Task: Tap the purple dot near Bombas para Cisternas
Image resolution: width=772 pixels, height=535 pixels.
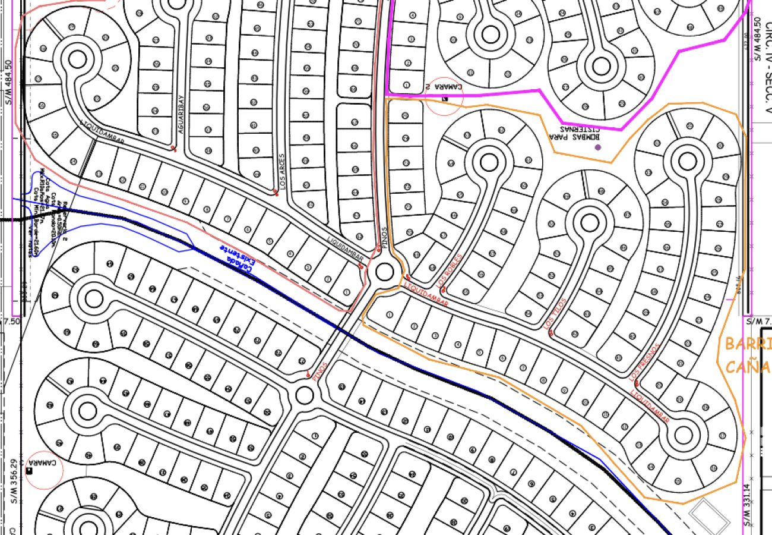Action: (x=597, y=147)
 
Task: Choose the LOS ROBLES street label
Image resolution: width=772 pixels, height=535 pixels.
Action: (x=450, y=274)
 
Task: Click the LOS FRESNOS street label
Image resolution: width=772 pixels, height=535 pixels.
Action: (x=645, y=361)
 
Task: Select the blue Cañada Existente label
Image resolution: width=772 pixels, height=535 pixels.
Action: (x=236, y=259)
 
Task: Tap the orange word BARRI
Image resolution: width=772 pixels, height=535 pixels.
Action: (x=748, y=344)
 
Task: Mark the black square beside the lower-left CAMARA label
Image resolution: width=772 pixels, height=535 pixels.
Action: (x=29, y=471)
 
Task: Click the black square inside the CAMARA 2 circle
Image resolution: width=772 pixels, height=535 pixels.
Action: (x=445, y=99)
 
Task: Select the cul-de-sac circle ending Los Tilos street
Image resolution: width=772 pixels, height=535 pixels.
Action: (x=589, y=223)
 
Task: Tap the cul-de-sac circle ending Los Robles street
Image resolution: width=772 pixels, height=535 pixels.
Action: (x=488, y=162)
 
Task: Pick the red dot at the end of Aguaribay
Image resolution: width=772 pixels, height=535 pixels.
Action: (x=173, y=148)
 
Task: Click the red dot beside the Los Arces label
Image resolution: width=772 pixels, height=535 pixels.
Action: (x=275, y=192)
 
